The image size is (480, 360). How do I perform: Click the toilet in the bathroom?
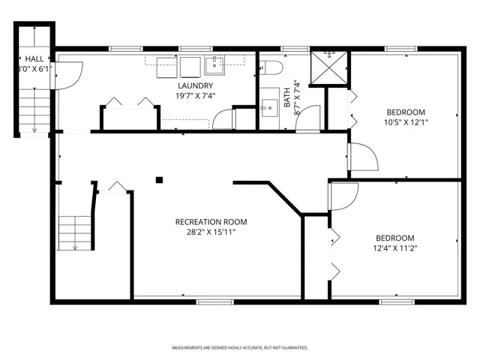click(x=271, y=67)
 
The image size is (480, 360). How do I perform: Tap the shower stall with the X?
click(x=326, y=67)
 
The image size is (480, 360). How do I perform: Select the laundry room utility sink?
click(x=214, y=64)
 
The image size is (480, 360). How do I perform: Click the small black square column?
click(x=159, y=179)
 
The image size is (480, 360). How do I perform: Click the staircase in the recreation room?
click(x=75, y=232)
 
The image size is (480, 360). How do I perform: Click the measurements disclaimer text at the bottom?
click(x=240, y=348)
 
